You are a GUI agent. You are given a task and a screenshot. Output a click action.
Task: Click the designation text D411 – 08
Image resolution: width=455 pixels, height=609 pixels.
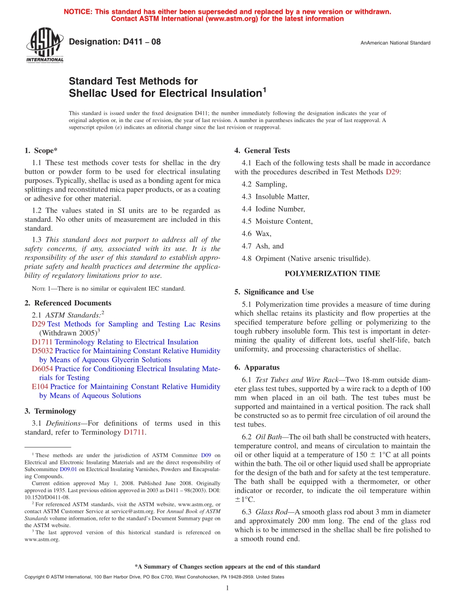(115, 42)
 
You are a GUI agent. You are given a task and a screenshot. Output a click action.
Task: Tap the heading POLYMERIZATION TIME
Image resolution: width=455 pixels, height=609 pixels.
(332, 274)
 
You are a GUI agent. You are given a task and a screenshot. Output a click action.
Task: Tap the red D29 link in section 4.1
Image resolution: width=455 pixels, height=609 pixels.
(391, 171)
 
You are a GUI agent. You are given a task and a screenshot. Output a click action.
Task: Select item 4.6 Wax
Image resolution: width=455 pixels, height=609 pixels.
(263, 234)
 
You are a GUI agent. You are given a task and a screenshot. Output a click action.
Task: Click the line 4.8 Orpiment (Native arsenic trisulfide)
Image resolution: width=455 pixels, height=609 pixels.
(306, 259)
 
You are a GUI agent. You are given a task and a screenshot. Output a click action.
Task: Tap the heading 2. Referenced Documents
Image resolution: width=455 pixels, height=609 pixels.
(68, 303)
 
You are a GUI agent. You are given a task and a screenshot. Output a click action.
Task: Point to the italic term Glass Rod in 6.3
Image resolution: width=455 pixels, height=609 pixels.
(272, 512)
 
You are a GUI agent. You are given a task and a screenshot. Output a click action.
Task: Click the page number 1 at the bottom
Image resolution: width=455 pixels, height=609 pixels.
(227, 588)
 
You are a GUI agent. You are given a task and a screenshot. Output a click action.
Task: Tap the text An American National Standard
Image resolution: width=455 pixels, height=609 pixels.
(395, 43)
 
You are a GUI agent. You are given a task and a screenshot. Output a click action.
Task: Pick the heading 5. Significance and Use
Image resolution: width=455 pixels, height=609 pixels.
(274, 292)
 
